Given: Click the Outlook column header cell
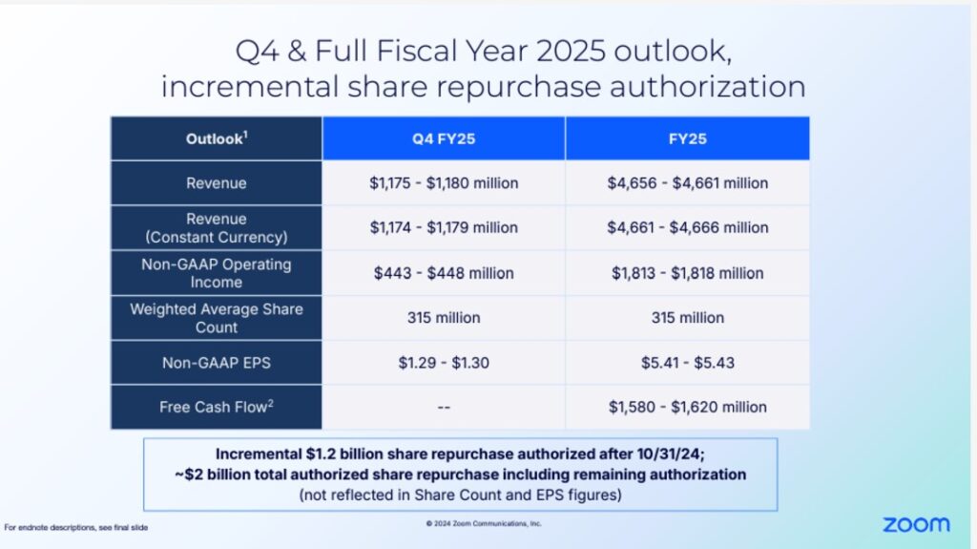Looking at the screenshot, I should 216,138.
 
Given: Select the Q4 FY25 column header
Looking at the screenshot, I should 444,138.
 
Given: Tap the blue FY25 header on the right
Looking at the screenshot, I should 687,138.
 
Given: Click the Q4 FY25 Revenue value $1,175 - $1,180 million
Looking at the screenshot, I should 444,182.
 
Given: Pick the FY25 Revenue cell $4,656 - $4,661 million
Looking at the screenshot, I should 687,182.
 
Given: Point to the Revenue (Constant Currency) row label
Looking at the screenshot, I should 216,227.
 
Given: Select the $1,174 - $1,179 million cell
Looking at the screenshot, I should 444,227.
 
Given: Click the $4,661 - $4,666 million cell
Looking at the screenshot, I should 687,227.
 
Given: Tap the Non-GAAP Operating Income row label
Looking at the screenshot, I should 216,272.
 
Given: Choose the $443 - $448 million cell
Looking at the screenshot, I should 444,273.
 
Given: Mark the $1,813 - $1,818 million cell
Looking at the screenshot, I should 687,273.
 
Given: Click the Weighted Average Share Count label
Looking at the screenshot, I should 216,317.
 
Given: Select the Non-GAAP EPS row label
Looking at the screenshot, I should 216,362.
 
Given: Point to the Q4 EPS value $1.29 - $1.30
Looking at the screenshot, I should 444,362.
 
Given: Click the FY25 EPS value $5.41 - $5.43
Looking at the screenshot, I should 687,362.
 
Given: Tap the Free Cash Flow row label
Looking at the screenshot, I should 216,407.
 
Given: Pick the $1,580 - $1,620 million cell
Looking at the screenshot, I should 687,407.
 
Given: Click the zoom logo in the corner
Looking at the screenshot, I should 915,524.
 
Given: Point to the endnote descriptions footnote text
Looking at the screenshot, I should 76,527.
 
